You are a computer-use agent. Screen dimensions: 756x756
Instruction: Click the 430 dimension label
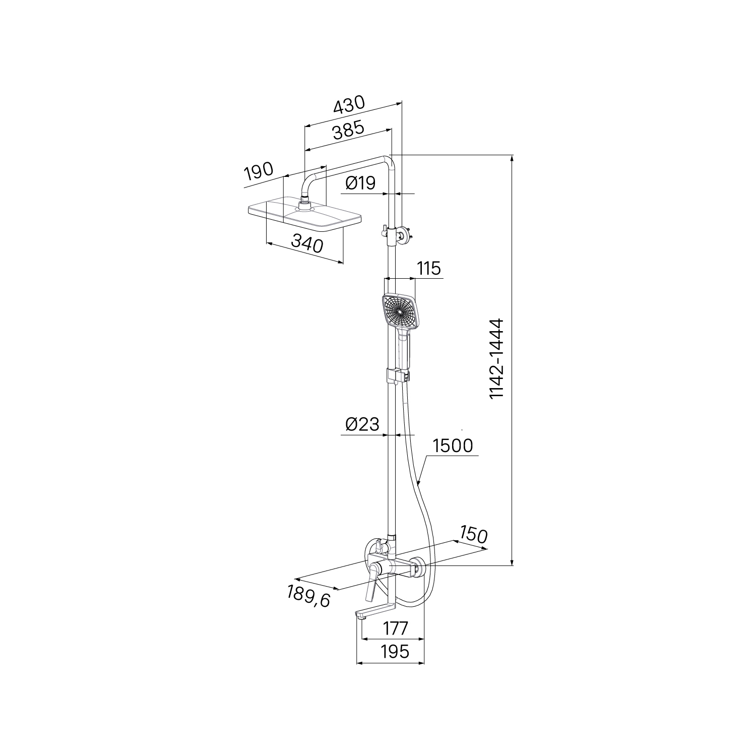[349, 104]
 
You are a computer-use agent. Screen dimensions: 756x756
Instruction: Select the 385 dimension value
[348, 131]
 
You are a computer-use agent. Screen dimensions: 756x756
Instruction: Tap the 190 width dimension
[258, 171]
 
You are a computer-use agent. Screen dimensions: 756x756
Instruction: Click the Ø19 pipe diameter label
[360, 183]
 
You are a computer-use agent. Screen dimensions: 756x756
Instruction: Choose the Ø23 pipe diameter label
[362, 424]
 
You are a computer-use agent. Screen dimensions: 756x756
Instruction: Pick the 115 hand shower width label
[429, 268]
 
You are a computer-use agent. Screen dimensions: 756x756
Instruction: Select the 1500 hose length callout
[453, 446]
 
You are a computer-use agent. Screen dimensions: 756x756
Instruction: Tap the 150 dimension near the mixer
[473, 535]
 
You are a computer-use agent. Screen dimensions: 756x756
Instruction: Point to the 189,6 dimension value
[309, 596]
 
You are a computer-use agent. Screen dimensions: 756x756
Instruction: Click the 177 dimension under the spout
[395, 628]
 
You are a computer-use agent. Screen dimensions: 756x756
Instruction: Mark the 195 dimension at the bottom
[395, 652]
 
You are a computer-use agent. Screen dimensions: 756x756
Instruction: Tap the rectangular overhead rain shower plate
[305, 217]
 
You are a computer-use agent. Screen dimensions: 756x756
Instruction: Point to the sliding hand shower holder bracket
[398, 375]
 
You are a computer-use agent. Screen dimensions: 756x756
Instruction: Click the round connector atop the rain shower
[304, 204]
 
